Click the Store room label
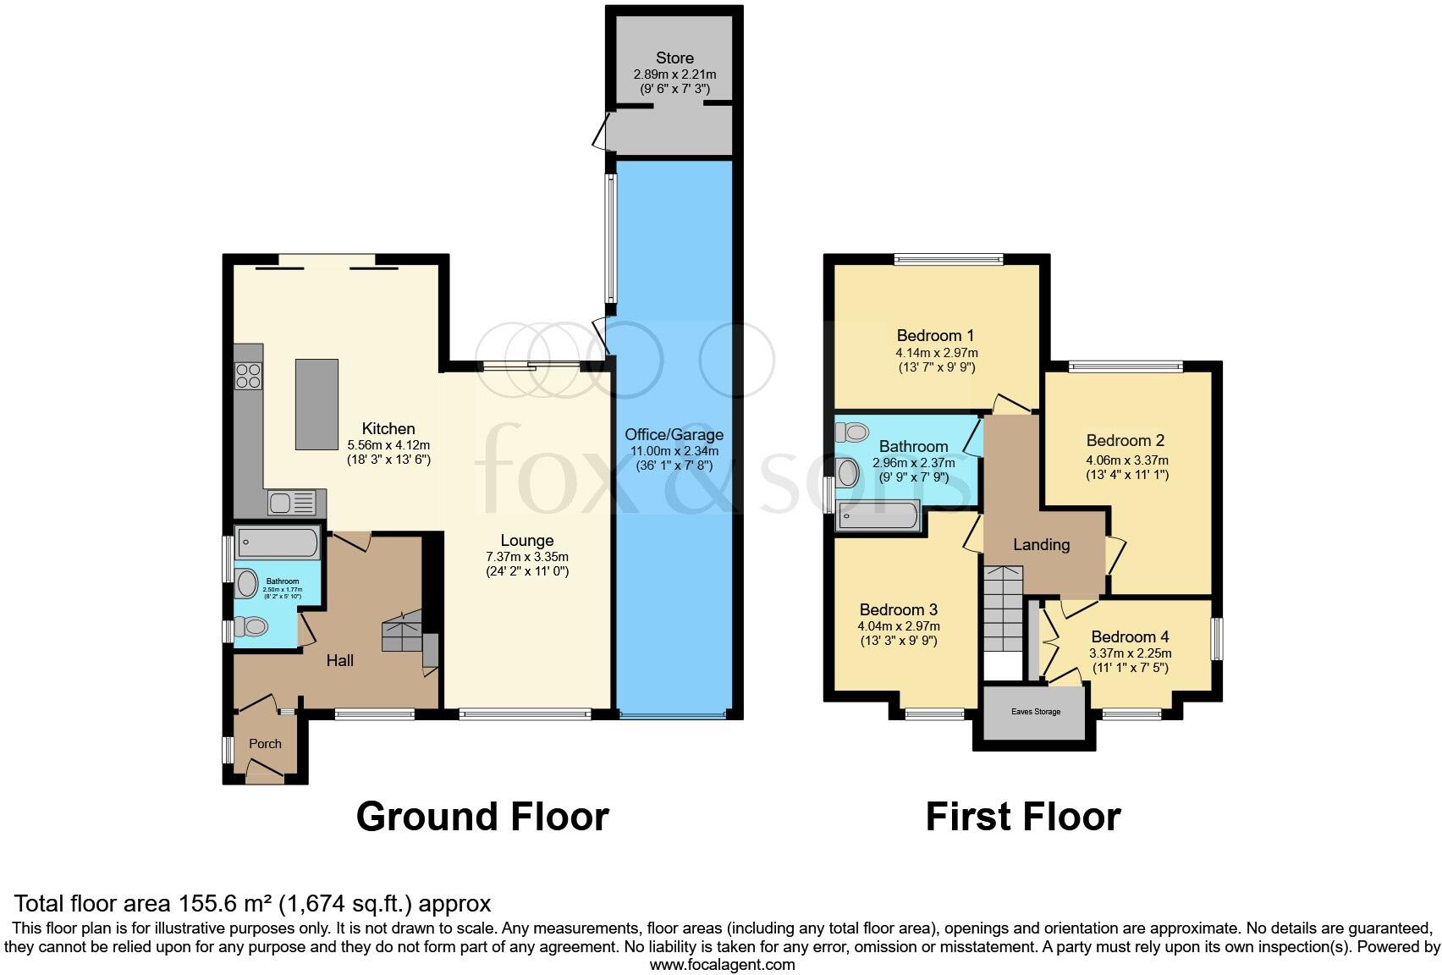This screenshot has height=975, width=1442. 674,58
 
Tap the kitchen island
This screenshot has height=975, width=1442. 316,405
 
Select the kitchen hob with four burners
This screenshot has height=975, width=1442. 249,375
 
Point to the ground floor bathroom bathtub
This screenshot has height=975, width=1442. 277,543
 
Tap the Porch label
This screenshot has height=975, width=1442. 265,743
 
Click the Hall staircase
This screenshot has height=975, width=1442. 403,634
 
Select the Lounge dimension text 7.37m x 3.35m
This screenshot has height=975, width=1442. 527,557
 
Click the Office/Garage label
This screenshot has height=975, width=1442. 674,435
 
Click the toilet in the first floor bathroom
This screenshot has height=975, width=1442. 853,432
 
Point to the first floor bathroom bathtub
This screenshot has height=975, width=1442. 877,515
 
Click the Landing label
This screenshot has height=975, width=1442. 1041,544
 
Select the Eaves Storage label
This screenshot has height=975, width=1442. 1035,712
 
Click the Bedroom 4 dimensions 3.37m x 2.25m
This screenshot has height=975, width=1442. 1130,653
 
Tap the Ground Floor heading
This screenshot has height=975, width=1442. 482,817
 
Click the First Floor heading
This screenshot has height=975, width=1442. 1022,817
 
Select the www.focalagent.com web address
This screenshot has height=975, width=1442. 722,964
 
